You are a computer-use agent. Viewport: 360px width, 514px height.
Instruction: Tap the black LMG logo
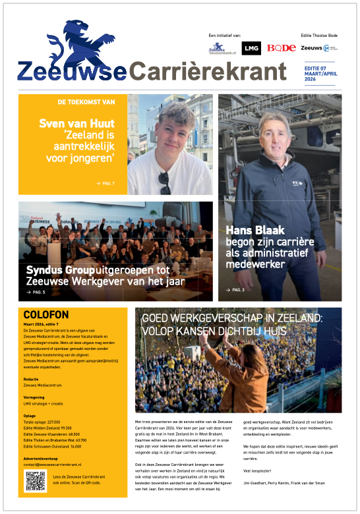tap(251, 48)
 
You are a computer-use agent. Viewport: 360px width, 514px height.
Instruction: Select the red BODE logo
tap(282, 48)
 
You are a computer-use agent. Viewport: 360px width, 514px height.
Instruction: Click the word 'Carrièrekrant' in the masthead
tap(209, 71)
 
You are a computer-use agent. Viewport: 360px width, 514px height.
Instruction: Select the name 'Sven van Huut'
tap(76, 123)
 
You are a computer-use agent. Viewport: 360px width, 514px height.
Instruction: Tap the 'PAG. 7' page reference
tap(105, 183)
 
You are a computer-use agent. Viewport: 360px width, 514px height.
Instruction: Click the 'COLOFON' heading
tap(45, 315)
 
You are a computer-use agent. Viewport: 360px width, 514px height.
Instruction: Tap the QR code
tap(35, 481)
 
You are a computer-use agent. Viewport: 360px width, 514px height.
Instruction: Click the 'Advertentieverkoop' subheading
tap(40, 458)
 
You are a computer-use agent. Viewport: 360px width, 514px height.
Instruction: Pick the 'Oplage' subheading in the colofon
tap(30, 416)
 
